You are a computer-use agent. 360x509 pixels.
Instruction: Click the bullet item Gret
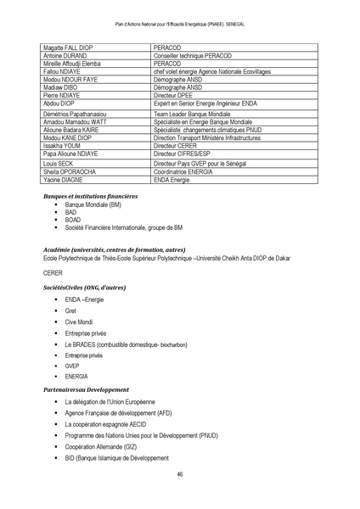click(x=71, y=311)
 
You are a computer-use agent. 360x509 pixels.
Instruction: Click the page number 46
click(x=180, y=474)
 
